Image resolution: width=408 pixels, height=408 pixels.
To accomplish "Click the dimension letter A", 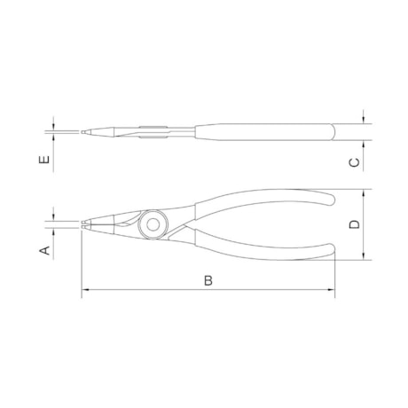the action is pos(45,250).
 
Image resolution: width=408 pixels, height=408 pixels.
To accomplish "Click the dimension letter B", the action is pos(208,280).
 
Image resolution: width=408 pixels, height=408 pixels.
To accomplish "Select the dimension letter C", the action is pos(355,162).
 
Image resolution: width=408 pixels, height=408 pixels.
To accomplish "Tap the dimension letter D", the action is pos(355,224).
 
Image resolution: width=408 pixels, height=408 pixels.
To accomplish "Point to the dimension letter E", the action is pos(44,160).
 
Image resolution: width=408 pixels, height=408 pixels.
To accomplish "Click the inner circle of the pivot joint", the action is pos(153,224).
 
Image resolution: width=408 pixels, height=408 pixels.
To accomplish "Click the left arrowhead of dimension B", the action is pos(85,290).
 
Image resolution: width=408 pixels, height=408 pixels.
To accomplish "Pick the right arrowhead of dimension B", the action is pos(331,290).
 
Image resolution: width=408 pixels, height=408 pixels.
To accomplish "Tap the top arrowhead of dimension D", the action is pos(364,193).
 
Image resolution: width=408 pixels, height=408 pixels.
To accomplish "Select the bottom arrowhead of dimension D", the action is pos(364,256).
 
